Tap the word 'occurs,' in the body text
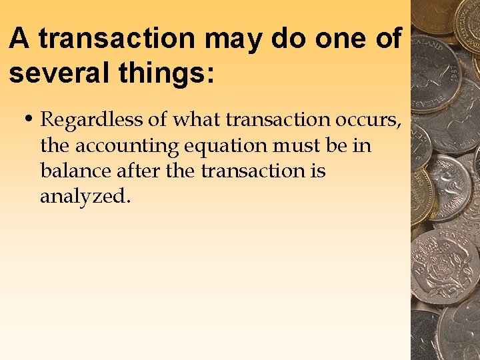point(361,121)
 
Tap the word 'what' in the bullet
point(197,121)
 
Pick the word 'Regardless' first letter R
point(47,121)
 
